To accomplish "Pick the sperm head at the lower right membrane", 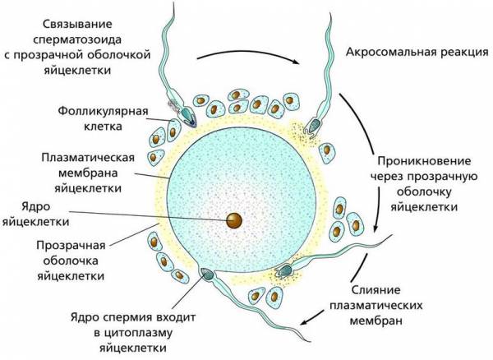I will [x=285, y=269].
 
